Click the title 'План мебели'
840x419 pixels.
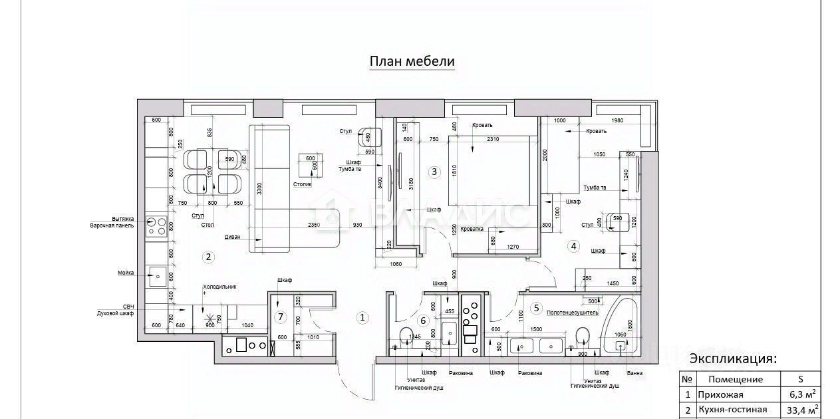412,62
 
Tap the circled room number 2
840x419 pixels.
208,256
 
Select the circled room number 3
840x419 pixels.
434,172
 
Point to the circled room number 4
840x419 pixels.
574,246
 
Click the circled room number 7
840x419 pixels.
281,317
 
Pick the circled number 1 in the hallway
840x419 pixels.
362,317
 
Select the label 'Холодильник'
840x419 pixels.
219,287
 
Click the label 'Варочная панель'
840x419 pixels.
112,225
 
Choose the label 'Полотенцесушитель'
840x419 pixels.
572,312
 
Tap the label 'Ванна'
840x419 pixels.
634,373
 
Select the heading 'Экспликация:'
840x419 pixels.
732,358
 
